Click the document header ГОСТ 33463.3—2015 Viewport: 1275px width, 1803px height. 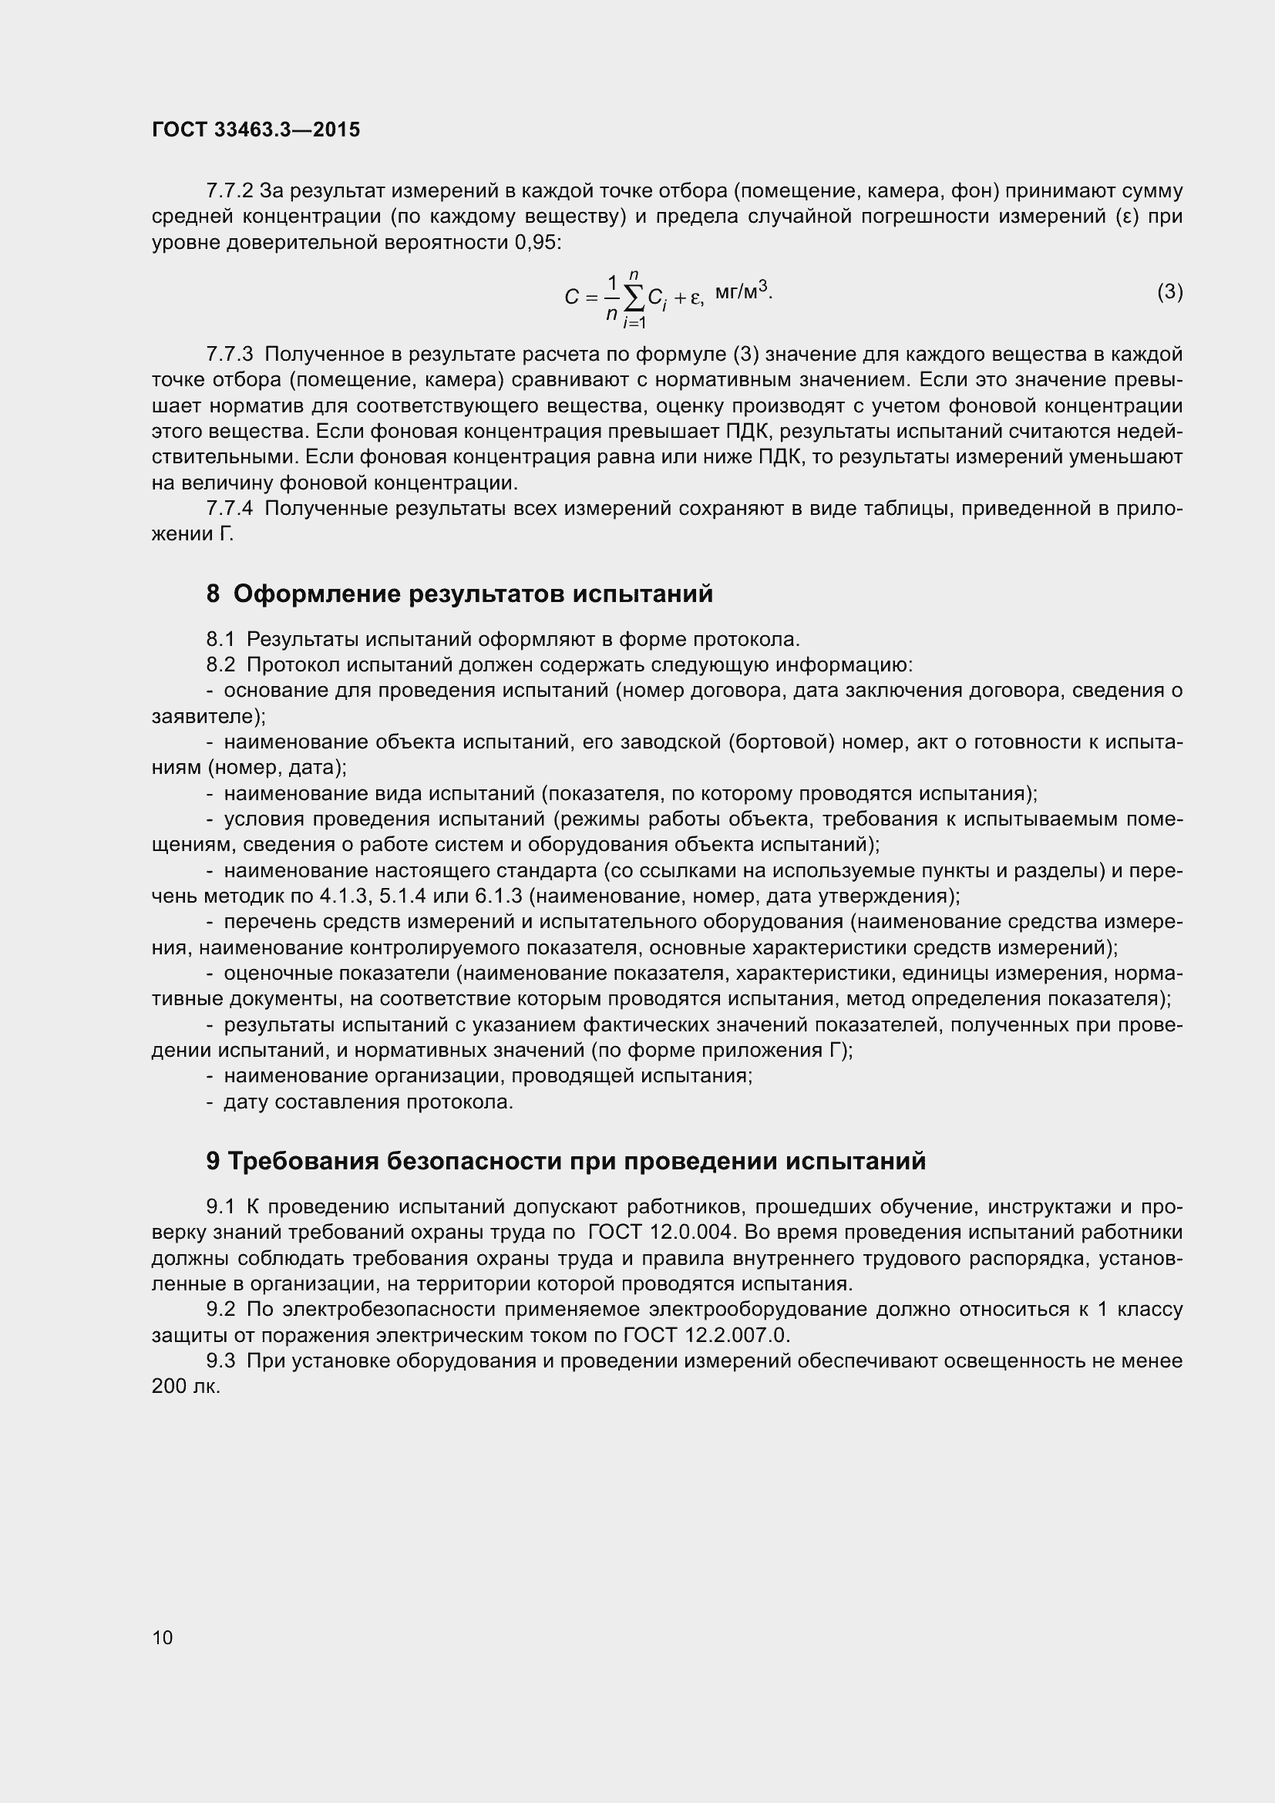point(256,130)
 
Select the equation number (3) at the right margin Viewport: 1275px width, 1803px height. point(1170,292)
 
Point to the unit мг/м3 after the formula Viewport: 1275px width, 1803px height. point(742,293)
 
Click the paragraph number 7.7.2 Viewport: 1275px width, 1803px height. point(229,191)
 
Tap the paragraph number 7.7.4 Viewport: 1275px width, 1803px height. point(229,509)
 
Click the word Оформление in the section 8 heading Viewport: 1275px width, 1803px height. point(314,594)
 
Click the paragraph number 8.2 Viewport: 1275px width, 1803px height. point(220,665)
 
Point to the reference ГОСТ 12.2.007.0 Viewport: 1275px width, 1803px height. point(706,1335)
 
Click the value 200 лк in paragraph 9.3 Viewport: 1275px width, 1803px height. point(186,1387)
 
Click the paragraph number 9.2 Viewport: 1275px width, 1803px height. point(220,1309)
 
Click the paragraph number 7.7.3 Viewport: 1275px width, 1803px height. point(229,354)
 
